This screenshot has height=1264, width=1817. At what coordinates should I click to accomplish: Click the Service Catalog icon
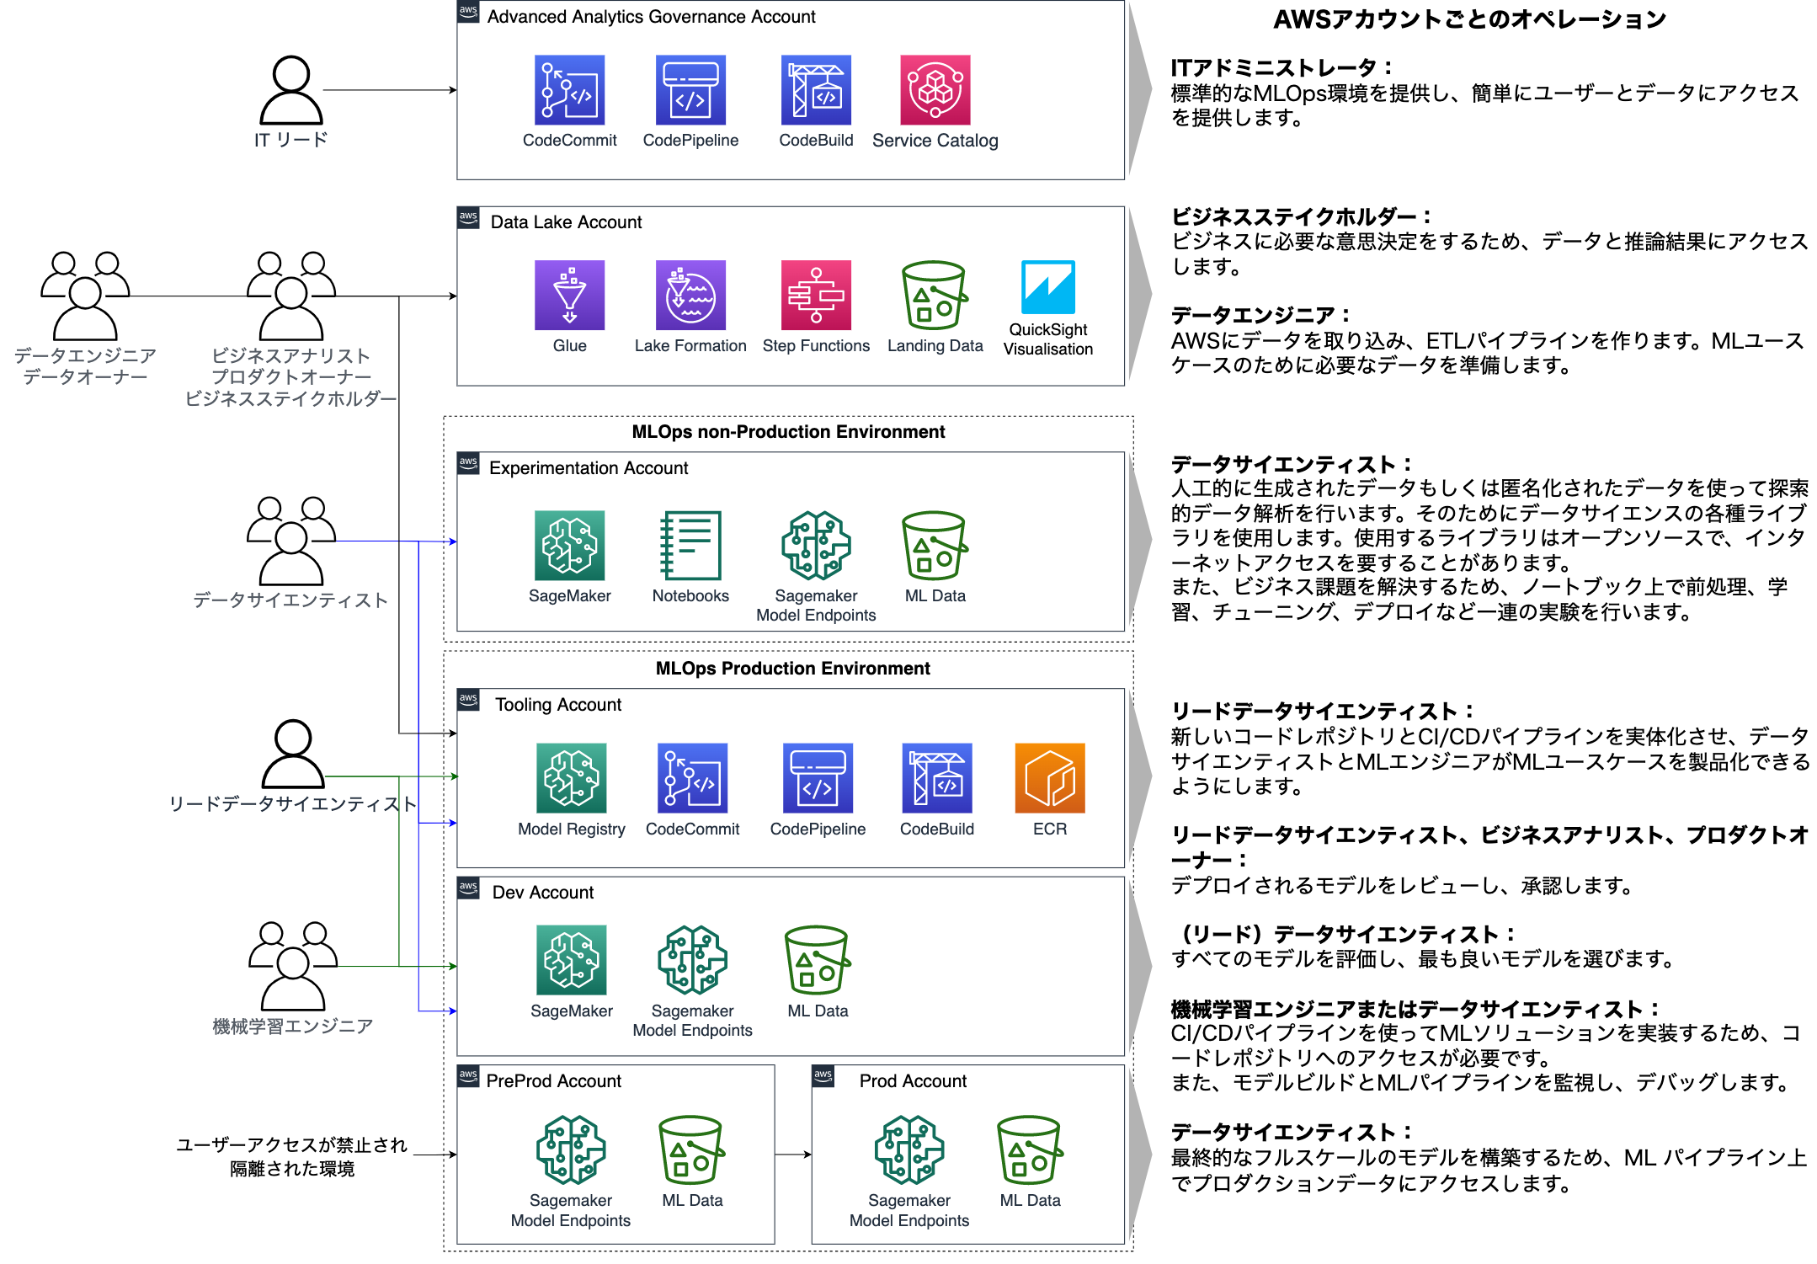[935, 90]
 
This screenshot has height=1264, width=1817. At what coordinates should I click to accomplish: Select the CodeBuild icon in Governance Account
[816, 90]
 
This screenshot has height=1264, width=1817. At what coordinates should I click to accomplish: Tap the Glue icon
[569, 295]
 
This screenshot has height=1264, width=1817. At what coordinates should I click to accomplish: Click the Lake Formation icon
[690, 295]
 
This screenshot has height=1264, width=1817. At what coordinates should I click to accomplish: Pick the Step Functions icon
[816, 295]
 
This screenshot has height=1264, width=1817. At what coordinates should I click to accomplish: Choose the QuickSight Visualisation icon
[1048, 287]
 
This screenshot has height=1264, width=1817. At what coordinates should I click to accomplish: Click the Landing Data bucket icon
[935, 295]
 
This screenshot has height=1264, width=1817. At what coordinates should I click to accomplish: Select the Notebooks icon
[690, 545]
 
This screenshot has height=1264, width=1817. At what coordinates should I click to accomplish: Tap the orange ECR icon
[1050, 777]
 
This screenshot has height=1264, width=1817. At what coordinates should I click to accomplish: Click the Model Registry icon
[572, 777]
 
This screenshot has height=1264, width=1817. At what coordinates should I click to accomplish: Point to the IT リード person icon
[291, 90]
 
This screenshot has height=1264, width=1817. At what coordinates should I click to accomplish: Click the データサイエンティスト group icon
[291, 541]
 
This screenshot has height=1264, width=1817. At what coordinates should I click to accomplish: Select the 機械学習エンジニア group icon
[293, 966]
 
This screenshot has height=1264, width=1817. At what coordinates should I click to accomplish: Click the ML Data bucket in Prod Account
[1030, 1150]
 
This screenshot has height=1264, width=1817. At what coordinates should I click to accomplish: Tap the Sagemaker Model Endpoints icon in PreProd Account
[571, 1150]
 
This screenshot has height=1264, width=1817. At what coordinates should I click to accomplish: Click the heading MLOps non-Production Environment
[788, 432]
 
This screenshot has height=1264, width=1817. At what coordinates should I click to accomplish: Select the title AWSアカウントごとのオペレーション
[1469, 19]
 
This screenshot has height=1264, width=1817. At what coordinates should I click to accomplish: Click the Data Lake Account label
[566, 222]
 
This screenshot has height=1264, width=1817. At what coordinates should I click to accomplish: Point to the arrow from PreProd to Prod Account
[793, 1155]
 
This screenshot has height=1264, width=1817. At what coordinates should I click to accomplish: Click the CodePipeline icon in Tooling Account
[818, 777]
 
